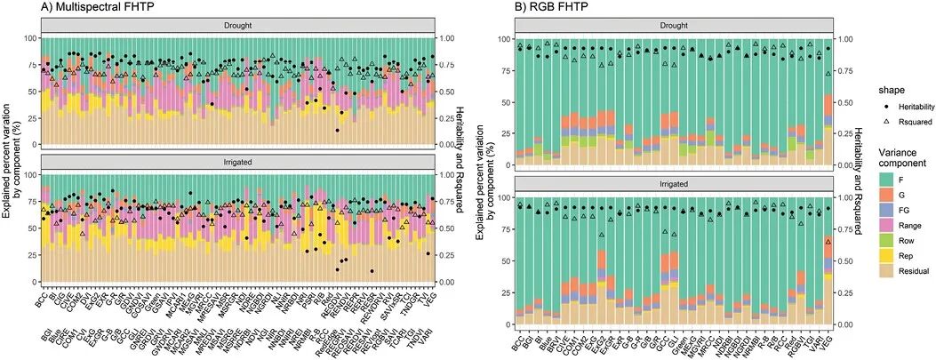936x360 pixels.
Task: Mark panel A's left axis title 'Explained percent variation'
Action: coord(10,160)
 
